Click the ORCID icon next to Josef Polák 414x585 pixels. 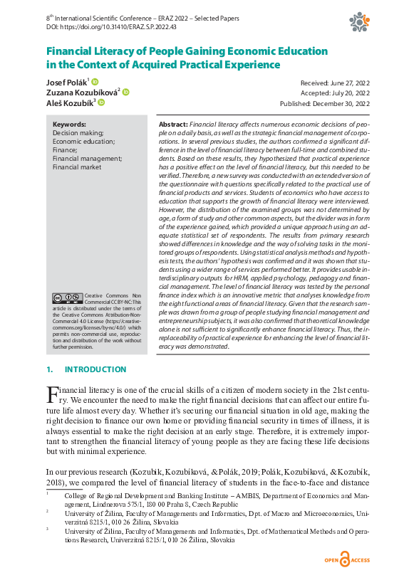(95, 82)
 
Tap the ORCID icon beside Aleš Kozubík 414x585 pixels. (101, 102)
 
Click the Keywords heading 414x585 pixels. (70, 125)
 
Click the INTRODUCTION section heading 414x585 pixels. (95, 369)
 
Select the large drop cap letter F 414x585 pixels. (52, 394)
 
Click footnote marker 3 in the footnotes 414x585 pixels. (48, 529)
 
